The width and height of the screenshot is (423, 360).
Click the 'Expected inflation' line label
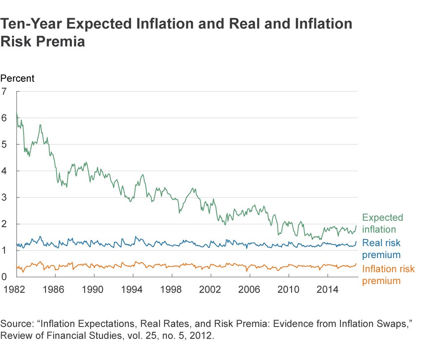coord(382,223)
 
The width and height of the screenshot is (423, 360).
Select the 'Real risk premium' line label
coord(381,249)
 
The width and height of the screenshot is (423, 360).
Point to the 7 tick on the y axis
coord(5,91)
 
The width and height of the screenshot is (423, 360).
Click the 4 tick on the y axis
coord(5,171)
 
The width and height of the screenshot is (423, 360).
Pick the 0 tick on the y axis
coord(5,277)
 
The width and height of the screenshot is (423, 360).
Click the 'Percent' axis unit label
coord(17,78)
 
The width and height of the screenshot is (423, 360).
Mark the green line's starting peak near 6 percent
coord(17,113)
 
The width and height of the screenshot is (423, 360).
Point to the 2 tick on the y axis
coord(5,224)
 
